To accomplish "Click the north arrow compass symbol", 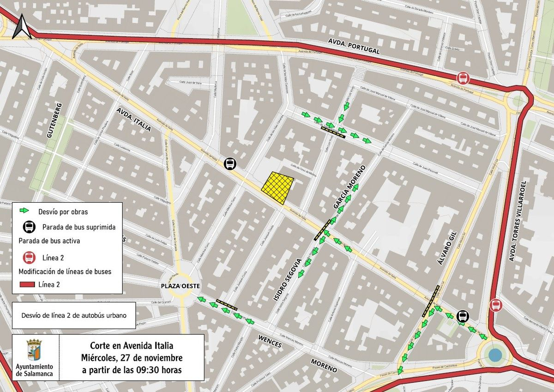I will [21, 26].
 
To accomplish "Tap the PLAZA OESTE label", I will [181, 286].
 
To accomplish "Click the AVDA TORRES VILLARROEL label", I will [518, 220].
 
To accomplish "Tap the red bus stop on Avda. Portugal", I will [462, 78].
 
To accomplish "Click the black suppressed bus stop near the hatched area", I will [229, 163].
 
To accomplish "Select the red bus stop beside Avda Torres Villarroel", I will [496, 305].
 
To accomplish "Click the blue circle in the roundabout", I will [494, 355].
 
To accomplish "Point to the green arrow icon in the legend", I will [24, 211].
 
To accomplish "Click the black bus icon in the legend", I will [29, 227].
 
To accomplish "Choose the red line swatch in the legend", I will [27, 284].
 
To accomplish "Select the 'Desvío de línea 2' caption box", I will [74, 315].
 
